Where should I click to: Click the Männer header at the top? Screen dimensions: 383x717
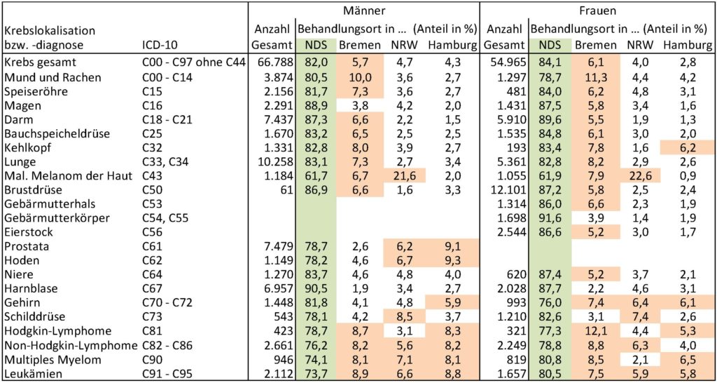[364, 11]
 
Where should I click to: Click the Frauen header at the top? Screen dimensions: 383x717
[597, 11]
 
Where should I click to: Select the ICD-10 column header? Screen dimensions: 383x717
[160, 46]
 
